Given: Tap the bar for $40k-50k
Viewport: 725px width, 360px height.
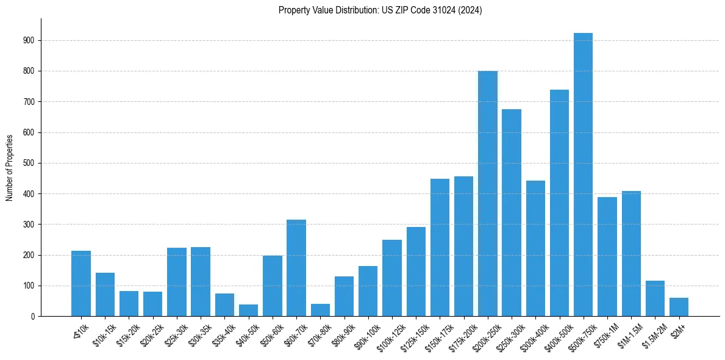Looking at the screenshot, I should tap(248, 310).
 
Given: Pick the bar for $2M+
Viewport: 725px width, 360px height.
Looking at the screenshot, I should tap(679, 307).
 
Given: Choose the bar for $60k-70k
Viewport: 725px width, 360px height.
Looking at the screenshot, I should tap(296, 268).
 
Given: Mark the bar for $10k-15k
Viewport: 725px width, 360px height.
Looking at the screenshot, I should tap(105, 294).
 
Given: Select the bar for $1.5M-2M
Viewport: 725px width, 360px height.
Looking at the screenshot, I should tap(655, 298).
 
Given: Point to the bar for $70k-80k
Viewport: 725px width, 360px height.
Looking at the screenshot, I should tap(320, 310).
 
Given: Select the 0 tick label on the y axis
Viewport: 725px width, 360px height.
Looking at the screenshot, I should tap(33, 316).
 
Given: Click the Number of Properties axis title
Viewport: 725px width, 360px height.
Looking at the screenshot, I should tap(10, 167).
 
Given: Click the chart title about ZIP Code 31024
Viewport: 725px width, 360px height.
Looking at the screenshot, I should tap(380, 10).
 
